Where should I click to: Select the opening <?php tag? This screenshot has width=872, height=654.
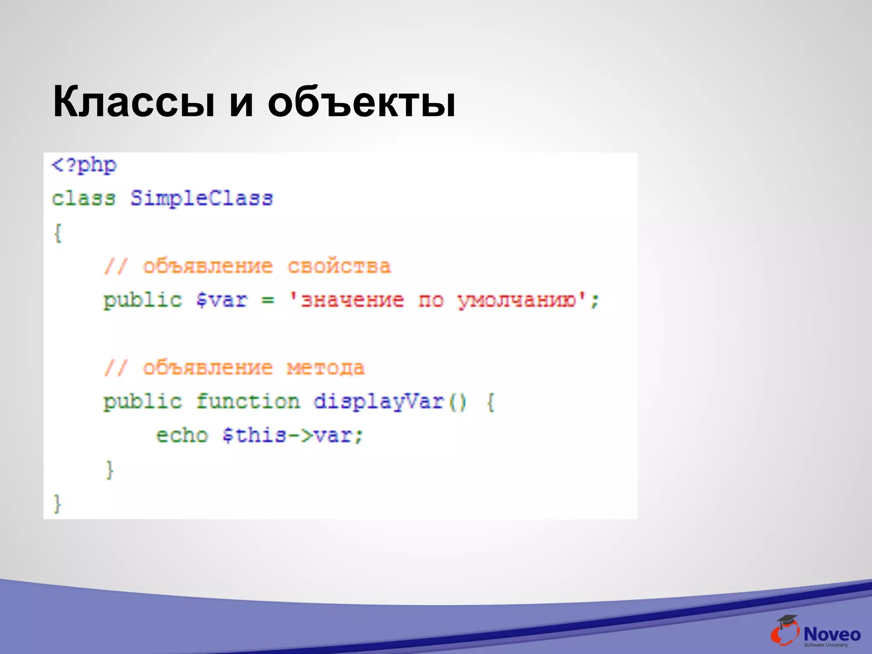84,165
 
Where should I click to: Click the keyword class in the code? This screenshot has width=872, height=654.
83,198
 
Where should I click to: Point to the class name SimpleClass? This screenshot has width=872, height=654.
201,198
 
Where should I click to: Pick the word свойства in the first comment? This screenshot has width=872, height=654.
339,267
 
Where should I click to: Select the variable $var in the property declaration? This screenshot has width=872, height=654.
221,300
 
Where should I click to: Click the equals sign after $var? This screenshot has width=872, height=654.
268,300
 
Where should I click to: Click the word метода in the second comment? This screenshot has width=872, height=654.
326,368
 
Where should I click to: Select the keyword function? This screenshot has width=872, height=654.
248,402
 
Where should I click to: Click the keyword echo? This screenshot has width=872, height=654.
182,435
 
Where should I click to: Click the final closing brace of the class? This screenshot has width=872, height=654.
57,503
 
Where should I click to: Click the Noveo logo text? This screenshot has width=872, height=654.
832,634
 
